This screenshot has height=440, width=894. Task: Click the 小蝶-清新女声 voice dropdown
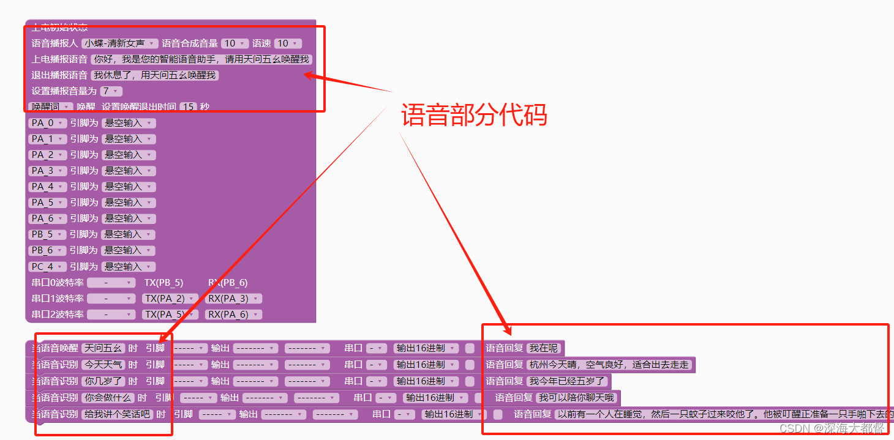click(120, 43)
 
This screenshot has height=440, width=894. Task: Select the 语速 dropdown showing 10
click(287, 43)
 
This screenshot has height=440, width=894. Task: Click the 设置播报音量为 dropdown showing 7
click(111, 91)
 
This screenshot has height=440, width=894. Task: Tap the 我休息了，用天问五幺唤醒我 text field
click(154, 75)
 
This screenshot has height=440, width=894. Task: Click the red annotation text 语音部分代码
click(474, 114)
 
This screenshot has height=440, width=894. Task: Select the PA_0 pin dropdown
click(47, 123)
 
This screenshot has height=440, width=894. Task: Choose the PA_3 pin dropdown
click(47, 171)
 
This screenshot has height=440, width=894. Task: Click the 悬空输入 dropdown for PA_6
click(129, 218)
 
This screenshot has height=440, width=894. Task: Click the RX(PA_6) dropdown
click(233, 315)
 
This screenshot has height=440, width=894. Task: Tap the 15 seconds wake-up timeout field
click(189, 106)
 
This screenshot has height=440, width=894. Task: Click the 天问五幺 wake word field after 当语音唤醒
click(103, 348)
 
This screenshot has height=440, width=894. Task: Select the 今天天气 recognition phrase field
click(103, 365)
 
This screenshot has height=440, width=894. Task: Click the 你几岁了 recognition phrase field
click(103, 381)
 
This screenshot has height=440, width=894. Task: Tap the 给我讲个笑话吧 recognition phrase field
click(117, 414)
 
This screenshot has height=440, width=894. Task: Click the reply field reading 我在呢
click(544, 348)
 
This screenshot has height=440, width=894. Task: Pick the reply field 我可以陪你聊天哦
click(576, 398)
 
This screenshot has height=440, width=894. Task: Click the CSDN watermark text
click(832, 428)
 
